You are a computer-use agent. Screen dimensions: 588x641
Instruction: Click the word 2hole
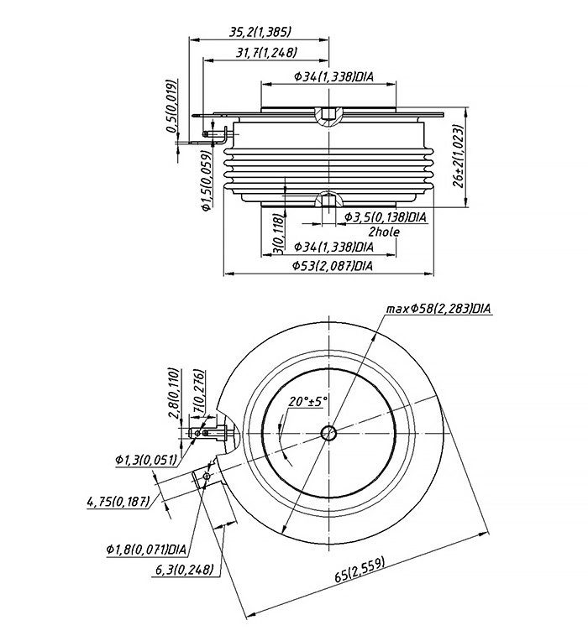384,232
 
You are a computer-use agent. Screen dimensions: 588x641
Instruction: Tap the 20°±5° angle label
307,401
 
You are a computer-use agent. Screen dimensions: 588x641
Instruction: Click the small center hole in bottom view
328,433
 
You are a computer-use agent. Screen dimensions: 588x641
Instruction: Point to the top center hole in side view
328,113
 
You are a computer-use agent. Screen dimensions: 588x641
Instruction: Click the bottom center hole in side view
328,201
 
